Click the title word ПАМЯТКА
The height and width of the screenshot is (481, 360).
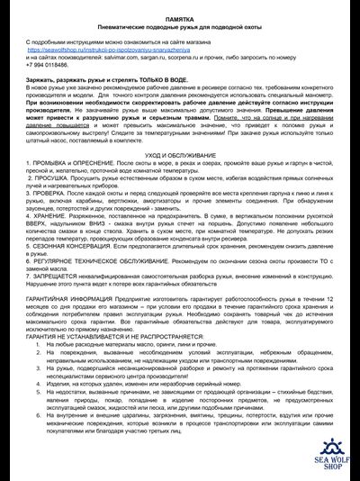pos(178,18)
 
